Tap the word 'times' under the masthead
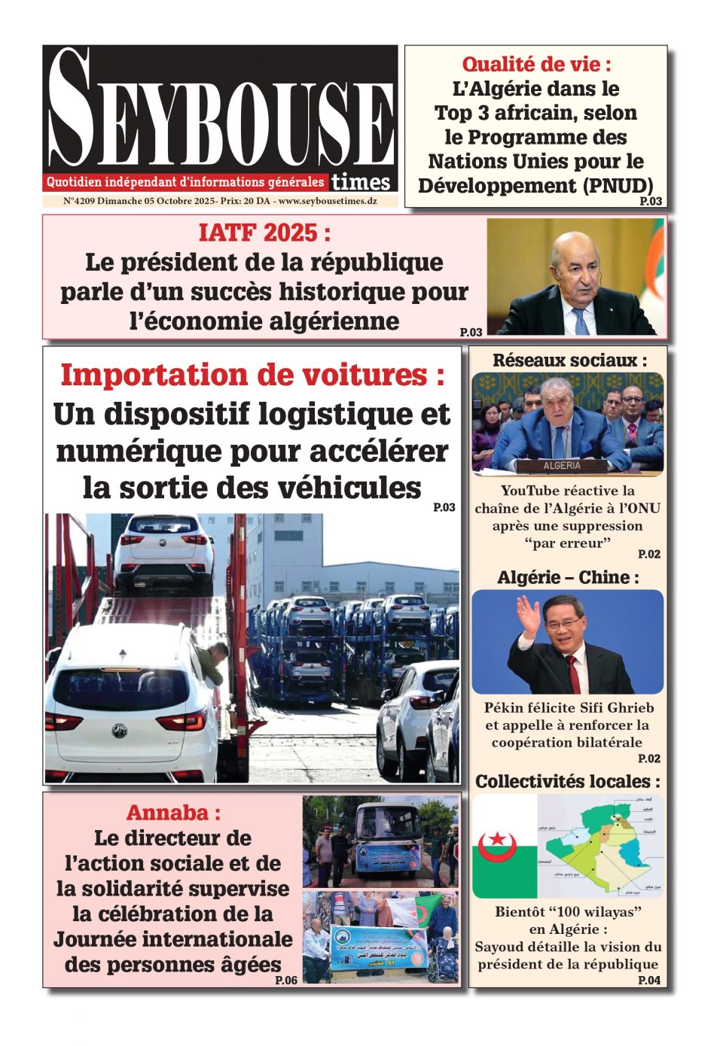[x=361, y=182]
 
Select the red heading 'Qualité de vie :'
[x=536, y=64]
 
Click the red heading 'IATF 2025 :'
[x=264, y=233]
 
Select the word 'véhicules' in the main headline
[x=349, y=488]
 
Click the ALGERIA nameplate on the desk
[x=562, y=466]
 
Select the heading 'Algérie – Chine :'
[x=568, y=577]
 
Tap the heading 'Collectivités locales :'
[x=568, y=781]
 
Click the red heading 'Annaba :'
[x=173, y=813]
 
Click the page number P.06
[x=286, y=980]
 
